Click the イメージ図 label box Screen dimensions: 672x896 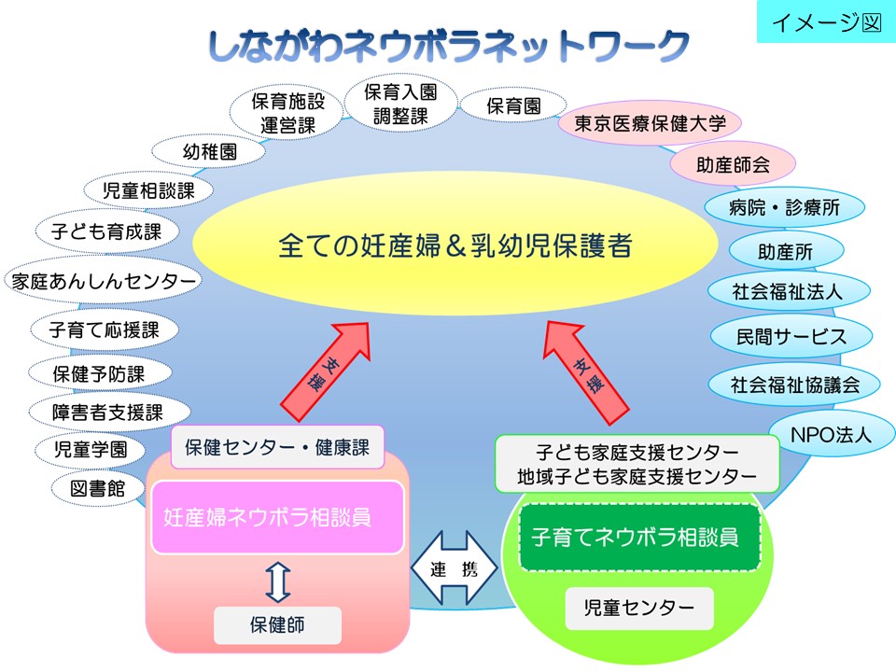[825, 22]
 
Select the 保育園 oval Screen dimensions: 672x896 [513, 106]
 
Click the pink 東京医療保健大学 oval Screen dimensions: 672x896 [650, 124]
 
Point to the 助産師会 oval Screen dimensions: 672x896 [733, 165]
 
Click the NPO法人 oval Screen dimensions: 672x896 [830, 434]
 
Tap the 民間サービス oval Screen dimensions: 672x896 [791, 335]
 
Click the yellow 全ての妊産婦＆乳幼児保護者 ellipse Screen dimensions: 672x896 [456, 245]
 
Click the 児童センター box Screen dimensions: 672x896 [639, 609]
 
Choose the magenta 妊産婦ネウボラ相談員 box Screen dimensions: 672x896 [277, 517]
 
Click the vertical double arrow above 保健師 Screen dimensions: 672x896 [277, 581]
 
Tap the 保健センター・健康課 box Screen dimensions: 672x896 [277, 447]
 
